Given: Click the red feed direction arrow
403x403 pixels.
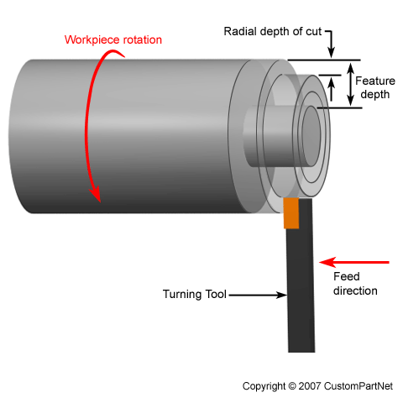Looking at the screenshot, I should [358, 262].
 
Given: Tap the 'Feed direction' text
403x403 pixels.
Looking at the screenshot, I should [355, 284].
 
